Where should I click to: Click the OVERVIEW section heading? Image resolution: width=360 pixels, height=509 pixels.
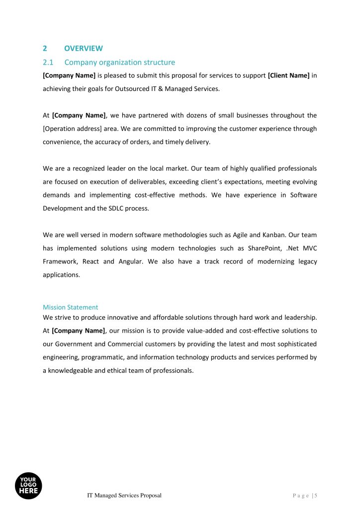click(x=84, y=48)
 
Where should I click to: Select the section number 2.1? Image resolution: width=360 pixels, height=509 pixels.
click(x=48, y=62)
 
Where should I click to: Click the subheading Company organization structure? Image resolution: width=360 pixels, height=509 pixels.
click(x=119, y=62)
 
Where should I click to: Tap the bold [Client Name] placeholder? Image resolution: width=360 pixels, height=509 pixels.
click(x=288, y=76)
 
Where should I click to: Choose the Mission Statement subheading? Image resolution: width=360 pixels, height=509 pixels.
click(x=70, y=307)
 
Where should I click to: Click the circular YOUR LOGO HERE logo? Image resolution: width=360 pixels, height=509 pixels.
click(x=28, y=486)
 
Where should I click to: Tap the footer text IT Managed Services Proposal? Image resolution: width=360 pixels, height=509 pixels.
click(x=124, y=496)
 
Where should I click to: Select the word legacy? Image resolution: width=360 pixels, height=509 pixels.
click(x=307, y=261)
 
